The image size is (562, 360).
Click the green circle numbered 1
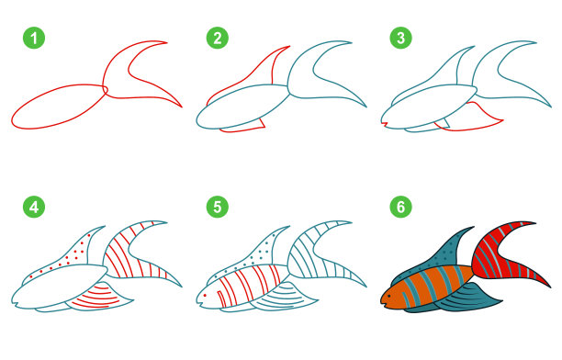coord(34,38)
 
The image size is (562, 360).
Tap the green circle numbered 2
coord(218,38)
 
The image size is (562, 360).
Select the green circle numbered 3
coord(400,38)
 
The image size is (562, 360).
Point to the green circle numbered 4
coord(34,207)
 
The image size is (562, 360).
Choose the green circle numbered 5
coord(218,207)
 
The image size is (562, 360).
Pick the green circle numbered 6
coord(400,207)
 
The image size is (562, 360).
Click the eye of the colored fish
coord(388,297)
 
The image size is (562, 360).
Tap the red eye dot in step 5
coord(205,296)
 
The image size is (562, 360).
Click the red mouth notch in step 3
coord(385,124)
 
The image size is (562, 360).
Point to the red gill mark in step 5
coord(222,299)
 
